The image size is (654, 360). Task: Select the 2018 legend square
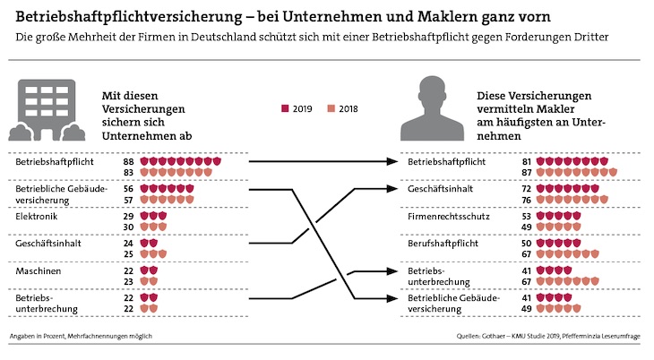[331, 107]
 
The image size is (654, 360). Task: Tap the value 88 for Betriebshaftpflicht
[129, 161]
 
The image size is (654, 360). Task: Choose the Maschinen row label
[37, 270]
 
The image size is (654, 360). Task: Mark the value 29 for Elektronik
[129, 216]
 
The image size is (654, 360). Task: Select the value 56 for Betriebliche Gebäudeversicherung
[129, 189]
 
